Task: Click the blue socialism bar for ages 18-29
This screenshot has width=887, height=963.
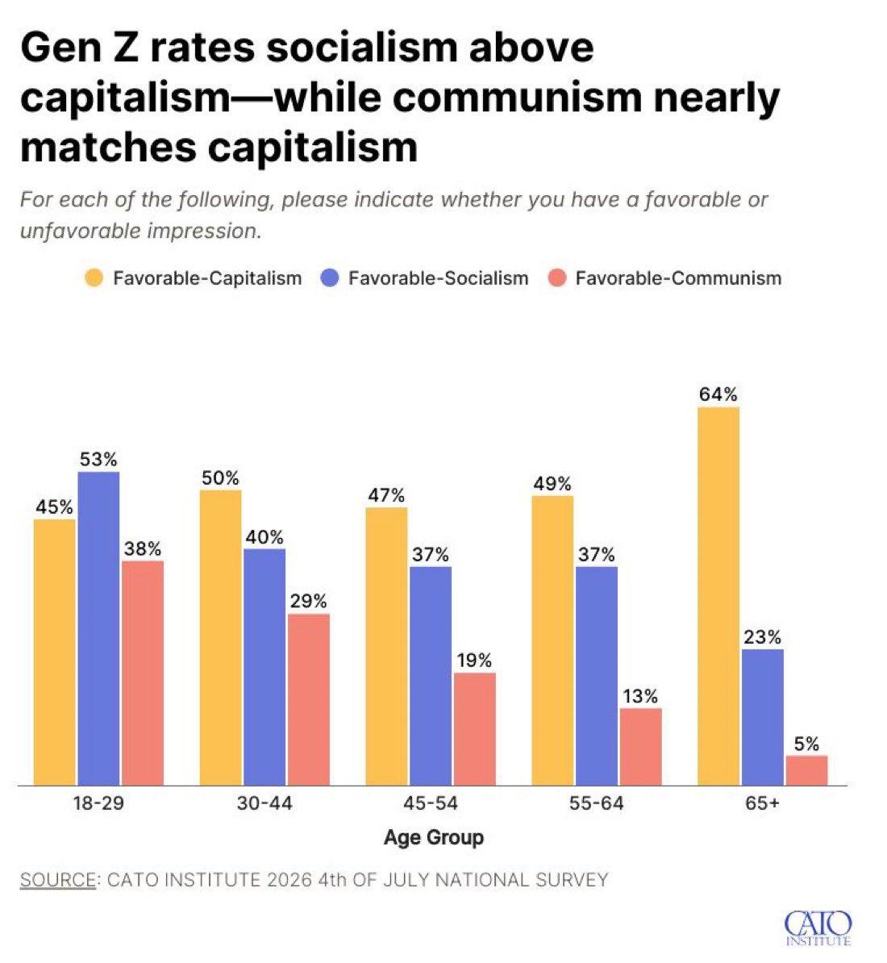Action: click(99, 628)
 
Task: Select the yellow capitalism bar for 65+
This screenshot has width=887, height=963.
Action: click(718, 596)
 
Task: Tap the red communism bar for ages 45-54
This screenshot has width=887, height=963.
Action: click(475, 729)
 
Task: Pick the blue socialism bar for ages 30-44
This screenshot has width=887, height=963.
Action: click(264, 667)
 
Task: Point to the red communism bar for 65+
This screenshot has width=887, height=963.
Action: click(807, 770)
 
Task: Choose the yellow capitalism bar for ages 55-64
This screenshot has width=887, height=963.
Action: click(552, 640)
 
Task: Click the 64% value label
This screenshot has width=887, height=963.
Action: click(718, 394)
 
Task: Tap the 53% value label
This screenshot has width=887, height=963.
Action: click(98, 460)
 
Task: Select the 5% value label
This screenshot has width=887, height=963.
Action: click(806, 744)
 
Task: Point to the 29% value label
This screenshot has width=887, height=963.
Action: click(308, 601)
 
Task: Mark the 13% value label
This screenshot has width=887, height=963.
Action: click(640, 696)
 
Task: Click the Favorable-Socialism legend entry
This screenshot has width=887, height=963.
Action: click(425, 278)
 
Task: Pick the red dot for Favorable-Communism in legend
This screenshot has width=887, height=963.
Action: click(556, 278)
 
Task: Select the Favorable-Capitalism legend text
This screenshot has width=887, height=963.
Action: click(207, 278)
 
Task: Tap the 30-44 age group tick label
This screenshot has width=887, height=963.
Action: click(264, 802)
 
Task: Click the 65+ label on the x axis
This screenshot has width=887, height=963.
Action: click(762, 802)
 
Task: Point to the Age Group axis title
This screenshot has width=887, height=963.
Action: click(433, 838)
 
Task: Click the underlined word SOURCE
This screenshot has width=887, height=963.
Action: click(58, 879)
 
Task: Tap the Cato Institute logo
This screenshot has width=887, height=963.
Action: click(818, 928)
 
